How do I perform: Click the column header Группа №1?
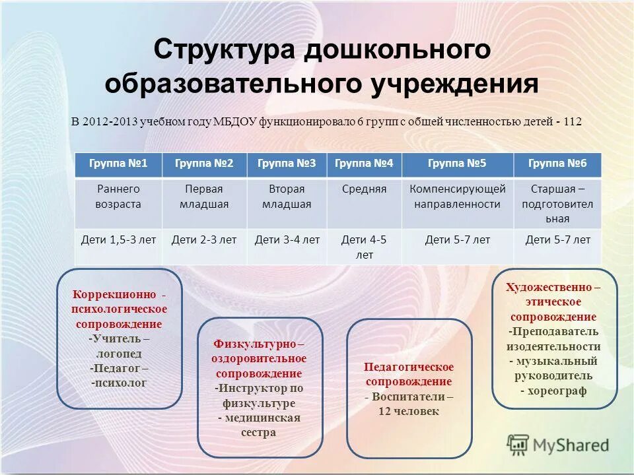click(118, 164)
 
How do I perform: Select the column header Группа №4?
click(364, 164)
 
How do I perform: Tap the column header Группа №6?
click(557, 164)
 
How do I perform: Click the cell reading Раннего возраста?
click(118, 196)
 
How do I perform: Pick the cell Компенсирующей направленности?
click(457, 196)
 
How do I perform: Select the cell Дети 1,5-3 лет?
click(118, 240)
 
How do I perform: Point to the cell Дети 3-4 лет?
click(287, 240)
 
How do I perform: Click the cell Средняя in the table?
click(364, 189)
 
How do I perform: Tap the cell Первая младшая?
click(204, 196)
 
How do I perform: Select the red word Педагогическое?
click(409, 367)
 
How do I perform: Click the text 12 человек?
click(408, 411)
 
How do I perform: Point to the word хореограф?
click(557, 391)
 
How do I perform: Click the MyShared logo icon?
click(518, 444)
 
